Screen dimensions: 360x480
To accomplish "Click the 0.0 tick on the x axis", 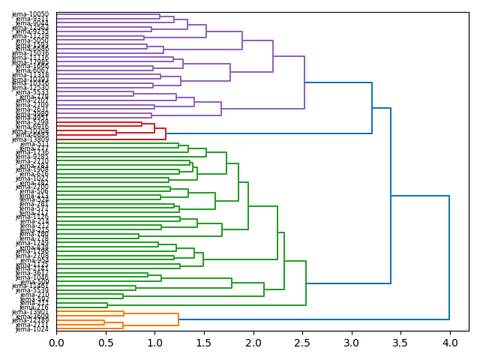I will (57, 342).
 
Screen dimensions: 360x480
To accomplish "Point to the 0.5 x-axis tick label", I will (106, 342).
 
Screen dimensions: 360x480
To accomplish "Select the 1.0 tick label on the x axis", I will (154, 342).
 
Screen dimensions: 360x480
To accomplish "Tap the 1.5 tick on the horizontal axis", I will (204, 342).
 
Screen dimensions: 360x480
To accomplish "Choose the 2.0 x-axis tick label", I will (253, 342).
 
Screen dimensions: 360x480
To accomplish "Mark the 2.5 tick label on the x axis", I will (302, 342).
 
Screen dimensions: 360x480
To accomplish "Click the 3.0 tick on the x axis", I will (351, 342).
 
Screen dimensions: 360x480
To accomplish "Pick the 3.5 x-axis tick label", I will (400, 342).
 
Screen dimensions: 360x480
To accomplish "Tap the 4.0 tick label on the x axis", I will (449, 342).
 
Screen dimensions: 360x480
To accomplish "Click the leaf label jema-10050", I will (31, 14).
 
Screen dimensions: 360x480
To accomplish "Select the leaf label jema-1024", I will (32, 329).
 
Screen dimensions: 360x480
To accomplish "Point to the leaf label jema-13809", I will (31, 139).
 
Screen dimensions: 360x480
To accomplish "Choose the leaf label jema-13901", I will (31, 312).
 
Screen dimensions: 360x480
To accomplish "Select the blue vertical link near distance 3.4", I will (391, 196).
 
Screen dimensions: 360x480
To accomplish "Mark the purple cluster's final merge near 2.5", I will (304, 82).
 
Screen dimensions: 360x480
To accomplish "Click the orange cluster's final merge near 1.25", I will (178, 319).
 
